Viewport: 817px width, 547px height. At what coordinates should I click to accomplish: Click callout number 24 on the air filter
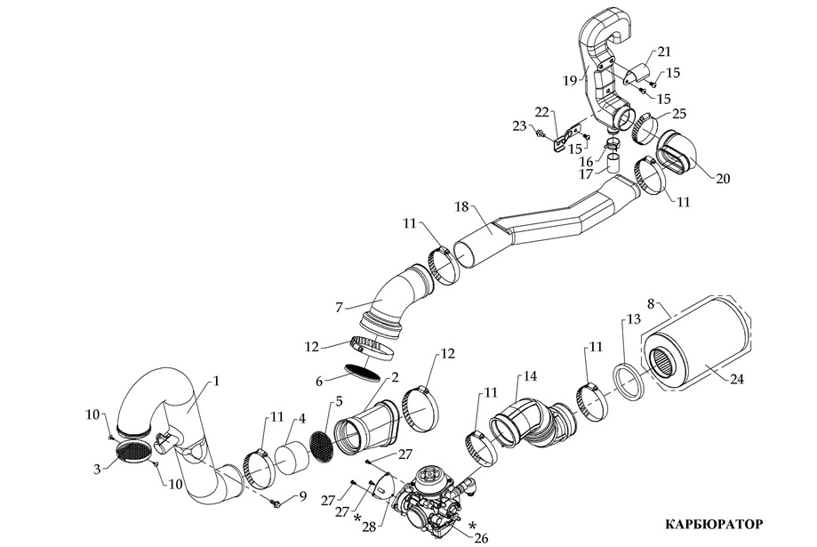point(736,378)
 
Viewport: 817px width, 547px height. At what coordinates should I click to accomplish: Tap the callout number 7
point(340,307)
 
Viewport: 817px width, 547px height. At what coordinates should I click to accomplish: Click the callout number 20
point(723,178)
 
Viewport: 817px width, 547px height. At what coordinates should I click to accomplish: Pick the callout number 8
point(652,304)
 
